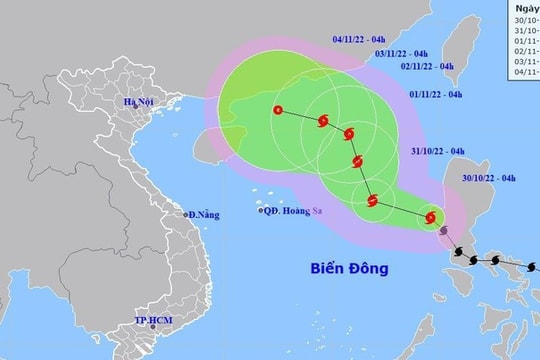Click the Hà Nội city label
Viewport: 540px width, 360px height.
pyautogui.click(x=139, y=104)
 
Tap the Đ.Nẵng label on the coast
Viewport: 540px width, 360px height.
pyautogui.click(x=207, y=215)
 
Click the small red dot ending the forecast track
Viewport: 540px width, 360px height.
pyautogui.click(x=277, y=110)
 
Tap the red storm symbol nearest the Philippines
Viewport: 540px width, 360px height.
pyautogui.click(x=431, y=216)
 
